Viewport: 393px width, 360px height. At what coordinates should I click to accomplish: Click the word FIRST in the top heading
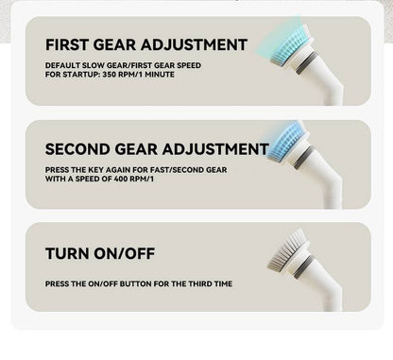pos(67,44)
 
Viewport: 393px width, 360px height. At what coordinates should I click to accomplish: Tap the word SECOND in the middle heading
pos(77,149)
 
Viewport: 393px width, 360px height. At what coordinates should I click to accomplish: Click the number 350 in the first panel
pos(110,75)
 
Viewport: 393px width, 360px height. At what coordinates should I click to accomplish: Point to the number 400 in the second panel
pos(120,179)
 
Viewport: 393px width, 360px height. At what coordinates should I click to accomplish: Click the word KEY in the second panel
pos(95,170)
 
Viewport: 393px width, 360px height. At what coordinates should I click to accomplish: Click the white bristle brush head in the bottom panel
pos(286,250)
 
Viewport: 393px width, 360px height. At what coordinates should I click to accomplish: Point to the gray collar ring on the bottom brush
pos(304,266)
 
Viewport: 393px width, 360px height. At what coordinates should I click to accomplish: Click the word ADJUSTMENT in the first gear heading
pos(194,44)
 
